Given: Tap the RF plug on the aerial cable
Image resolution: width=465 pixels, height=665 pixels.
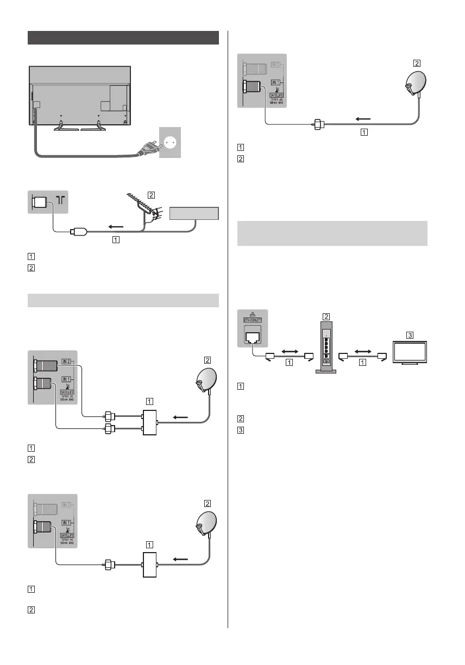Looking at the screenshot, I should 77,233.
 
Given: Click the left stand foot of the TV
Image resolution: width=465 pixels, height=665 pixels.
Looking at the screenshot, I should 64,128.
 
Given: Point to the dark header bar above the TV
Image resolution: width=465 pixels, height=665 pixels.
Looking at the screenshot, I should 123,38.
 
